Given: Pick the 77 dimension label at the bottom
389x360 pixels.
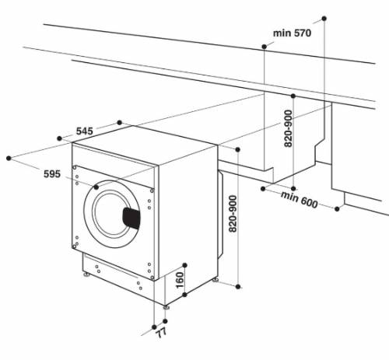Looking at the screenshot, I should click(161, 335).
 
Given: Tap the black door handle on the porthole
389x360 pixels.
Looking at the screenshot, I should click(131, 217).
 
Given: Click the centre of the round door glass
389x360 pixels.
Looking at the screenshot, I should click(114, 215).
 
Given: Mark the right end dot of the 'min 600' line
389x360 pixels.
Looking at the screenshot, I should click(339, 208).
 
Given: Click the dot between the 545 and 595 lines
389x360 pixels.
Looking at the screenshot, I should click(61, 138).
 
